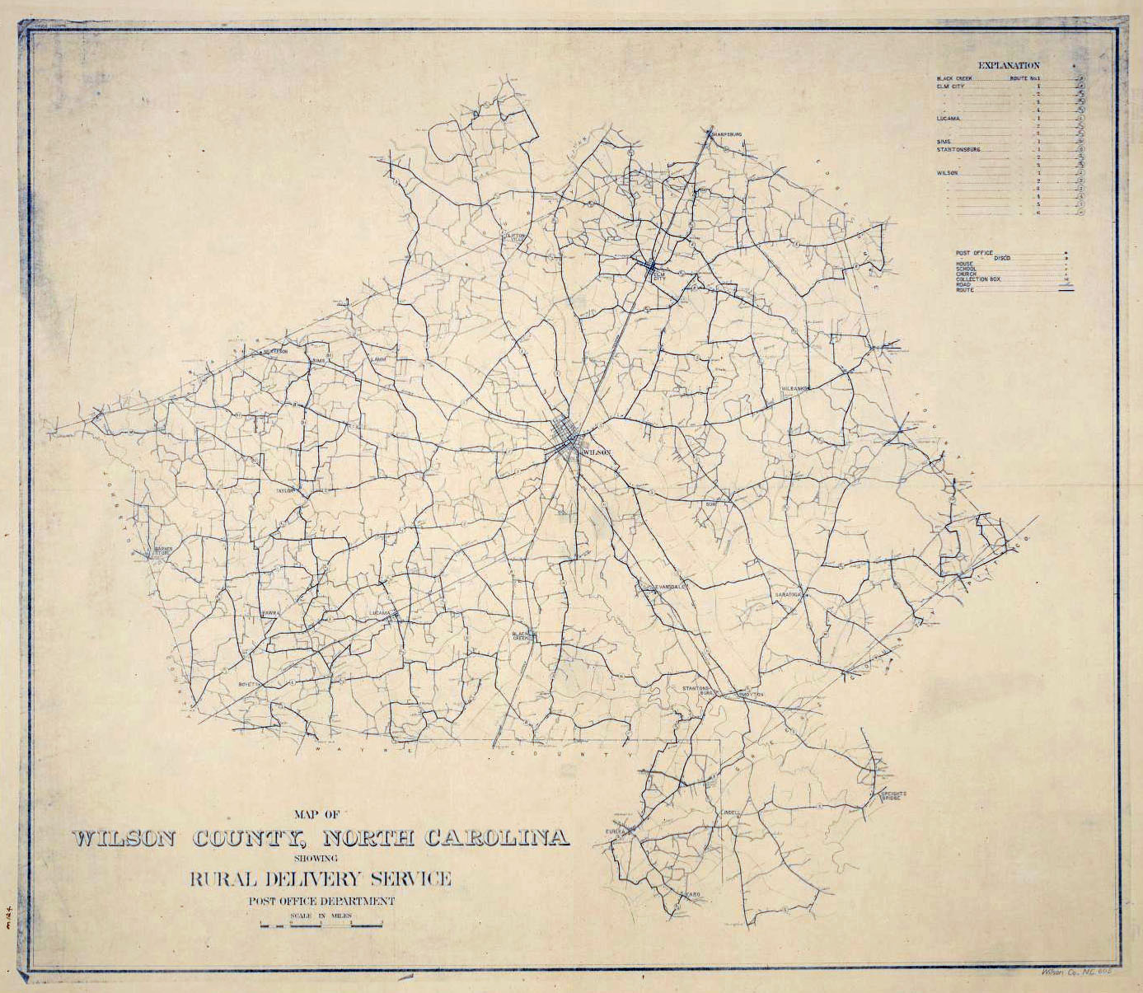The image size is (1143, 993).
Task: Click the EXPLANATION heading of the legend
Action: [1009, 65]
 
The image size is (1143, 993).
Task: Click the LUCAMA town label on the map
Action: [380, 613]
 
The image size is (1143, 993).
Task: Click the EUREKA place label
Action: [616, 832]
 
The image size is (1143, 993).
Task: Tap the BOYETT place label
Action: [249, 684]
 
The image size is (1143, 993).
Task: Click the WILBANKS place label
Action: [796, 387]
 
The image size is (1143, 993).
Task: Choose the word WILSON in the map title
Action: [124, 839]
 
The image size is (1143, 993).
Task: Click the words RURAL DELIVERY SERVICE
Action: [321, 878]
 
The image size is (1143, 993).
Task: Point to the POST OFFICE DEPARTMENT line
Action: [321, 901]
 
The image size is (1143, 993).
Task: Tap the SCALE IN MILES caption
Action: [321, 916]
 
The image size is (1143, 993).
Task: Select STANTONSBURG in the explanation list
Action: [958, 150]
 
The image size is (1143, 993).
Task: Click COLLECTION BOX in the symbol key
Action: [978, 279]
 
